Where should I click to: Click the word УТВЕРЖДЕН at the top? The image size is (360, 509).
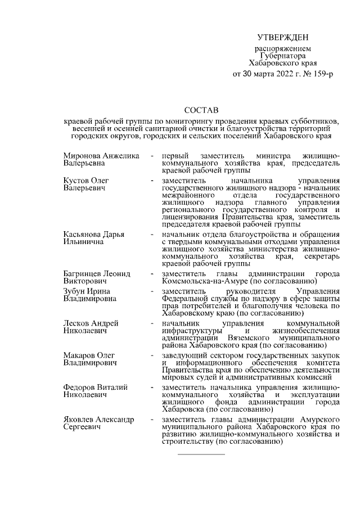click(283, 38)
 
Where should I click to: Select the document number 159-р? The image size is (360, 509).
click(322, 74)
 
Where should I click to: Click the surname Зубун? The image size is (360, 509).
click(75, 291)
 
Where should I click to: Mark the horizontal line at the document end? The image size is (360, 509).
click(201, 453)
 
